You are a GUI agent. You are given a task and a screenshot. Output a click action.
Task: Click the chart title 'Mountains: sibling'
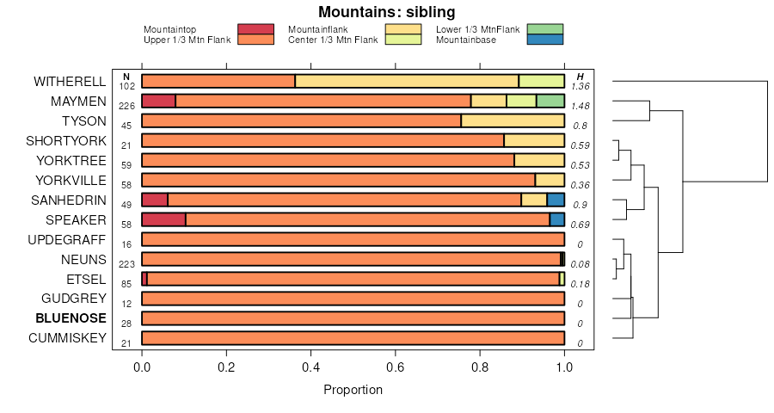[x=386, y=12]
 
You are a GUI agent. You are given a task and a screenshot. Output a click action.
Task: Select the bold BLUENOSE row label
[x=71, y=318]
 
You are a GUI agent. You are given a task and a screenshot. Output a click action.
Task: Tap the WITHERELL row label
[x=70, y=82]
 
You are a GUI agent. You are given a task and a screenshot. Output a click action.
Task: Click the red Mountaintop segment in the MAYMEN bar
[x=158, y=102]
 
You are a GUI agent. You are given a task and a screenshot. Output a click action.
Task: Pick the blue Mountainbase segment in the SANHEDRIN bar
[x=556, y=200]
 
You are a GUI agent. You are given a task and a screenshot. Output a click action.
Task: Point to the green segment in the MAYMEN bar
[x=550, y=102]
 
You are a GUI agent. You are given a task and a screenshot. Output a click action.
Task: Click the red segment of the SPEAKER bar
[x=163, y=220]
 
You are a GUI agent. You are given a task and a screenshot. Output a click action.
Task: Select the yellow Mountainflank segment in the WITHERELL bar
[x=407, y=82]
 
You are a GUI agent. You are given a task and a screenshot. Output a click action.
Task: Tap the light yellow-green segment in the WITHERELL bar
[x=542, y=82]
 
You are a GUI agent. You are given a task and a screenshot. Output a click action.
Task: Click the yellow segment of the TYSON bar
[x=513, y=121]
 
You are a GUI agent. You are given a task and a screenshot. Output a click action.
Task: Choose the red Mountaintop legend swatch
[x=255, y=29]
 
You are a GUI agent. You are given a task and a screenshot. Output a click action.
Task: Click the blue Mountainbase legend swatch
[x=544, y=40]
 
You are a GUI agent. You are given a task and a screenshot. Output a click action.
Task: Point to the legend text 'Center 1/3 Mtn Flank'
[x=333, y=40]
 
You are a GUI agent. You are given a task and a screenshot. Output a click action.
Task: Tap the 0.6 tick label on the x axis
[x=395, y=366]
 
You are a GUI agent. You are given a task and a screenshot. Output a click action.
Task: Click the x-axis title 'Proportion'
[x=353, y=390]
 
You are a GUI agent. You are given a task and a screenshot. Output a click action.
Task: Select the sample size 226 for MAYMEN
[x=126, y=106]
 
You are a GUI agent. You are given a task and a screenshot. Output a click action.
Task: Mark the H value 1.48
[x=580, y=106]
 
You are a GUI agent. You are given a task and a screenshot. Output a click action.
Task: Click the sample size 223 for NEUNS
[x=126, y=264]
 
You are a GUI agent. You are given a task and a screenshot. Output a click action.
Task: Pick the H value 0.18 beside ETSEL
[x=580, y=284]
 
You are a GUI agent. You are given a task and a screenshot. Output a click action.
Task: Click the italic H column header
[x=580, y=77]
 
